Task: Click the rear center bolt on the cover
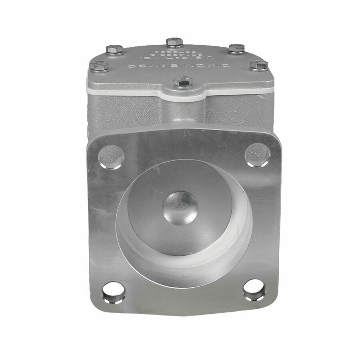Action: click(174, 42)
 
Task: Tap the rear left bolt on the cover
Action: click(115, 50)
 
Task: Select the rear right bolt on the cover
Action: click(236, 48)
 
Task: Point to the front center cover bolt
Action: click(183, 82)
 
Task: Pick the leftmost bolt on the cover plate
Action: click(99, 66)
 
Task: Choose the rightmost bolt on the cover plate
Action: click(259, 65)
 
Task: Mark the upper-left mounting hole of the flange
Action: click(111, 156)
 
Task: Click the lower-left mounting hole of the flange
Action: click(114, 292)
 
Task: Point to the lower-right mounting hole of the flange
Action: click(254, 290)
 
